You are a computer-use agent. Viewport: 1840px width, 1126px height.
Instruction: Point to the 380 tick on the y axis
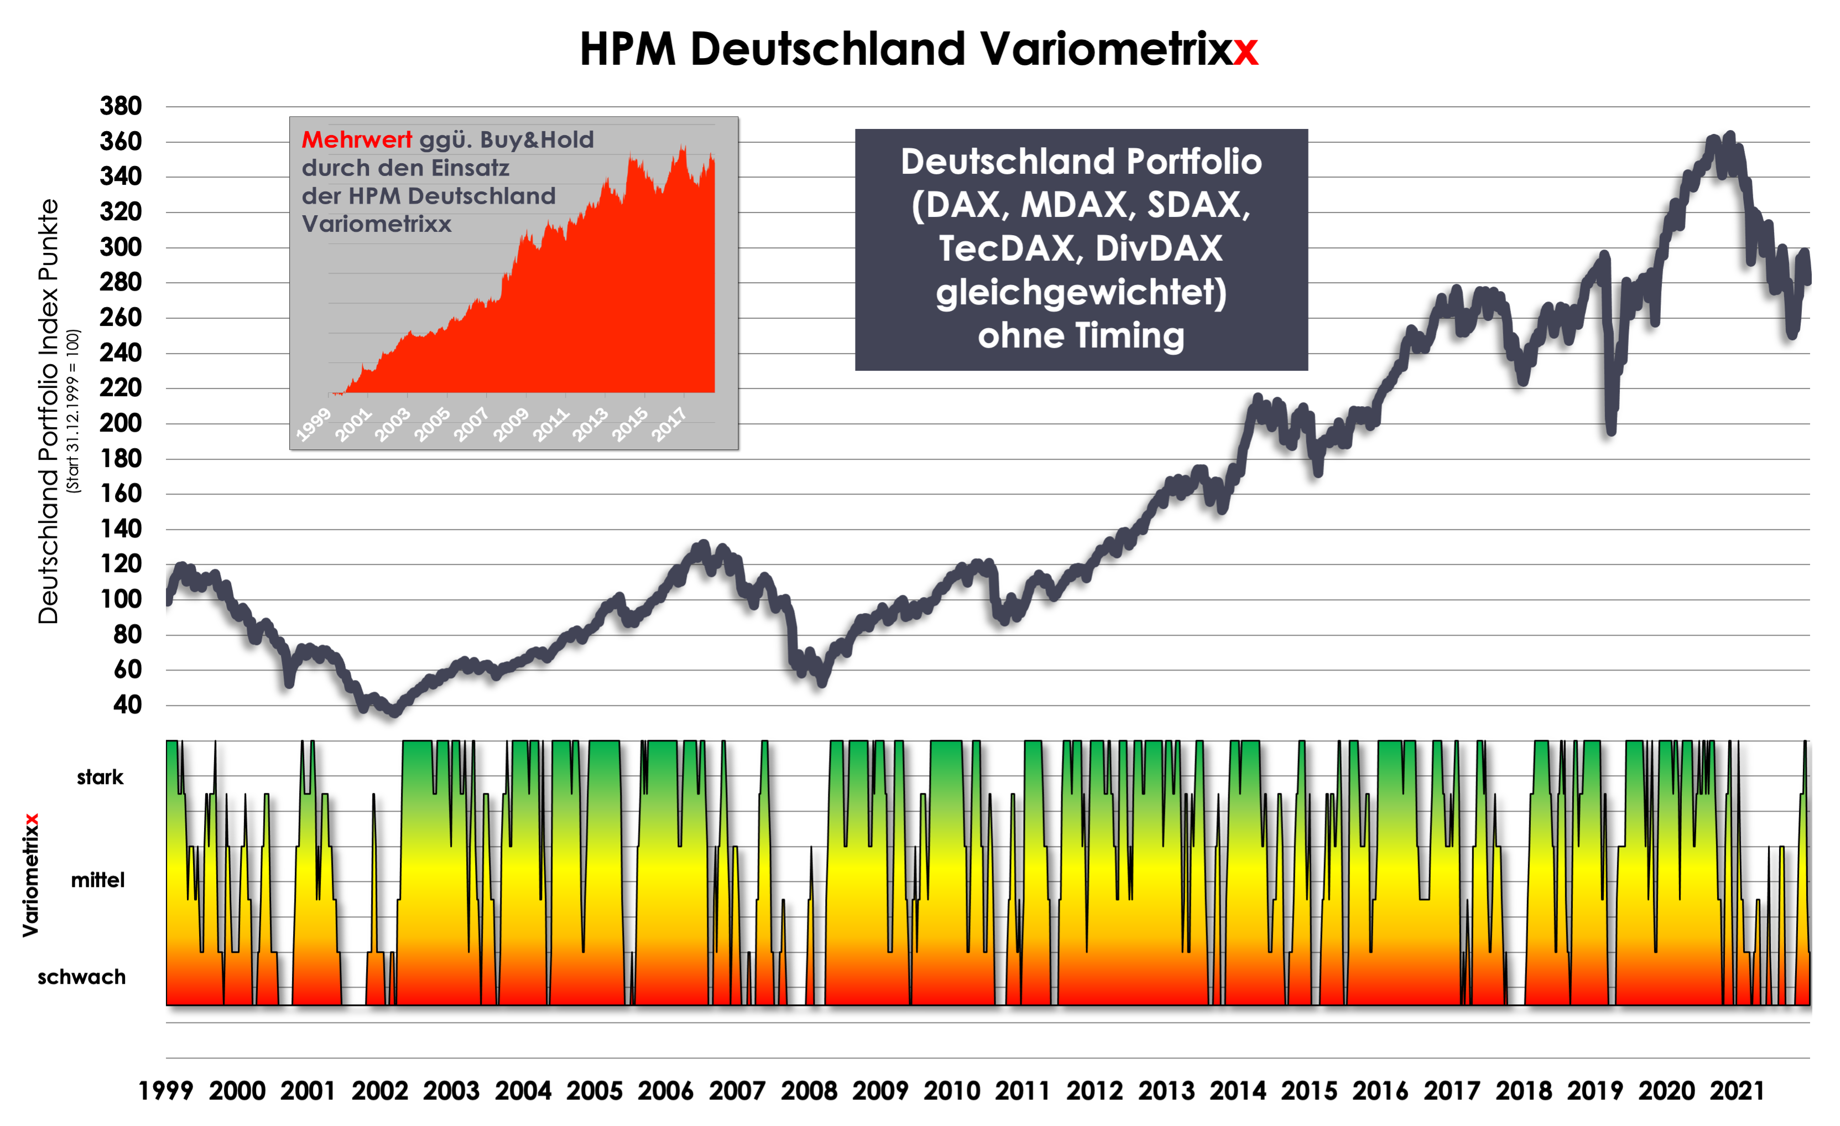click(x=121, y=106)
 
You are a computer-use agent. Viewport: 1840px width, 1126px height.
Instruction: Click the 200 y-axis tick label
click(x=121, y=423)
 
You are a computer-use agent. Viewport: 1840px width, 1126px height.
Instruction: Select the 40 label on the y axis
click(x=128, y=704)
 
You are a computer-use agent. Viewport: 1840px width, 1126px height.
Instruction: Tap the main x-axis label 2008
click(x=809, y=1091)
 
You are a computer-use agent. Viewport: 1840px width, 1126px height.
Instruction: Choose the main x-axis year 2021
click(x=1738, y=1091)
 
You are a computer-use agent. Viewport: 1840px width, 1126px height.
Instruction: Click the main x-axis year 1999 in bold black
click(x=166, y=1091)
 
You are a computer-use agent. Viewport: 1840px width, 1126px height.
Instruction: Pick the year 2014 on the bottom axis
click(x=1237, y=1091)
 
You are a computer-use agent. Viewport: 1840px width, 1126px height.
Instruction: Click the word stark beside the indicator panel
click(x=100, y=777)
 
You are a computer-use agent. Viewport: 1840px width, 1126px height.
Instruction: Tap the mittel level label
click(x=98, y=880)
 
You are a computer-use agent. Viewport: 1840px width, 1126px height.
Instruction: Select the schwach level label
click(x=81, y=977)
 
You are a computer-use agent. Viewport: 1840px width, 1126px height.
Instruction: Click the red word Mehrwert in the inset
click(x=356, y=140)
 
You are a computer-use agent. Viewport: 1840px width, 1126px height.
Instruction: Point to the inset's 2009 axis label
click(x=511, y=424)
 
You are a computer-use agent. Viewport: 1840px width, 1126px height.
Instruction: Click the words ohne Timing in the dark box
click(x=1081, y=335)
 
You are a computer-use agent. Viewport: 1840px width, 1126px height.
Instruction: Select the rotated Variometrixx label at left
click(x=30, y=875)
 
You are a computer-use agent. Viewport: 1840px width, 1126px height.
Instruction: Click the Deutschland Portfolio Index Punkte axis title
click(x=48, y=411)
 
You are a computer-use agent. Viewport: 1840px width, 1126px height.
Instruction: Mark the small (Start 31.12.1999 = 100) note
click(x=72, y=411)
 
